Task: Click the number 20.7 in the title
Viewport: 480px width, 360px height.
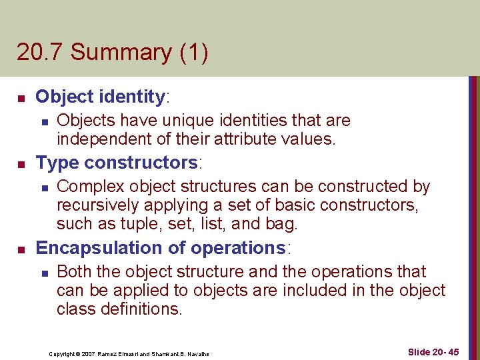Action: pos(41,53)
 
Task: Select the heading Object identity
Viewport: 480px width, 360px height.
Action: pos(100,97)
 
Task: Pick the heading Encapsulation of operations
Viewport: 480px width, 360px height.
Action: pos(160,248)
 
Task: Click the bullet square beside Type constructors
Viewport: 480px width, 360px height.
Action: pos(21,163)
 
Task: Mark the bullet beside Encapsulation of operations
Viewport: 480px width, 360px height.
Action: pos(21,249)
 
